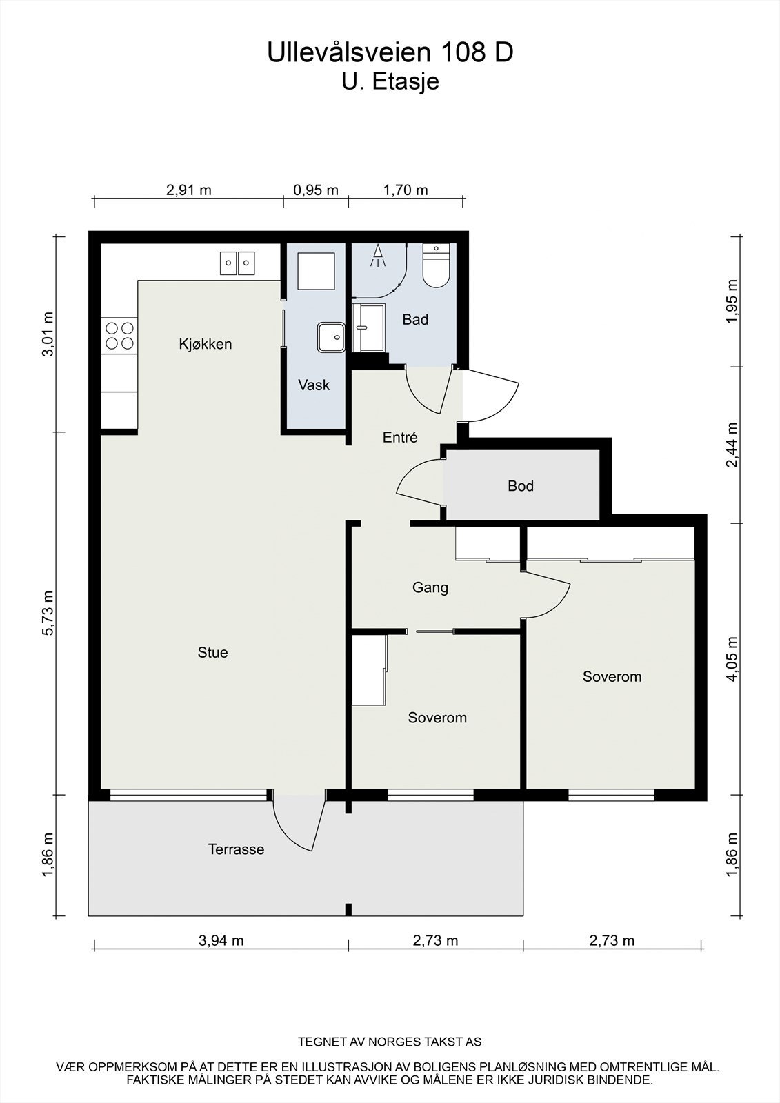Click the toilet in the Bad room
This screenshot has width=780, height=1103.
click(436, 266)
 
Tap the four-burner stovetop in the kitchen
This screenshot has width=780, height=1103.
click(119, 336)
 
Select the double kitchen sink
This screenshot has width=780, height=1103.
click(237, 263)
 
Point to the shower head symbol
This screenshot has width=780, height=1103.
click(378, 256)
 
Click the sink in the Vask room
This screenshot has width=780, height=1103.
click(331, 337)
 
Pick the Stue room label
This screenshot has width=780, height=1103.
click(212, 652)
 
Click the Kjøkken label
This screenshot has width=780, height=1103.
click(205, 344)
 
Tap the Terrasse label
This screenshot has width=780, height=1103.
click(236, 849)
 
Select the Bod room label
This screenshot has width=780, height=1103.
click(520, 486)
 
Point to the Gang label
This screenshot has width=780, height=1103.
click(430, 588)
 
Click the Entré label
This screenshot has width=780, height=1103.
click(400, 437)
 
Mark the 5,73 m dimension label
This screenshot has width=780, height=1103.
click(48, 613)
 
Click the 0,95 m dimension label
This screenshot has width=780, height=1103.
click(316, 190)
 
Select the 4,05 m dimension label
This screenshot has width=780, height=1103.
click(732, 659)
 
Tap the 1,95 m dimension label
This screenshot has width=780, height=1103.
click(732, 301)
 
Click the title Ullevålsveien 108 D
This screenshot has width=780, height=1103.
click(390, 52)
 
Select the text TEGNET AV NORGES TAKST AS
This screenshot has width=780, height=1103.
click(390, 1042)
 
